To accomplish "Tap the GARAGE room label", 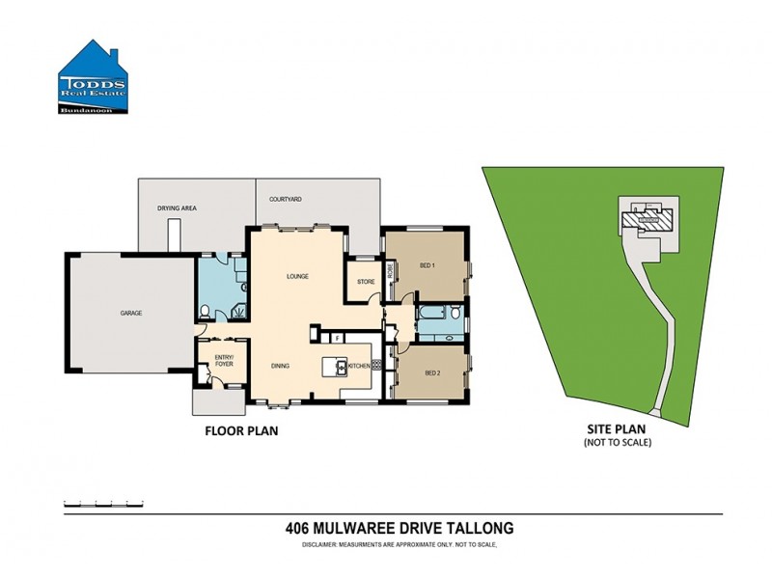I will (131, 314).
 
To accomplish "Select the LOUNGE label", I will (296, 277).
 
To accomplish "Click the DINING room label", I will (280, 366).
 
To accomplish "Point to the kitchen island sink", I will (340, 365).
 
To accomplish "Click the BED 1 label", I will (427, 265).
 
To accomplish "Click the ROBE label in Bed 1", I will (390, 274).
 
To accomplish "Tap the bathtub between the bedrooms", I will (427, 314).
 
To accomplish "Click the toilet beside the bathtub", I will (455, 314).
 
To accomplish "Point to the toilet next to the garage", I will (206, 311).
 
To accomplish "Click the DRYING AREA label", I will (177, 207).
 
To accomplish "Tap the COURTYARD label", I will (286, 199).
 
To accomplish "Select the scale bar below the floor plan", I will (102, 504).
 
